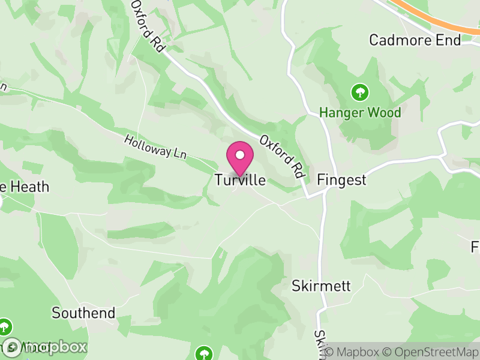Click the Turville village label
point(239,180)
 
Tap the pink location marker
point(240,158)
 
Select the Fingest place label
point(341,180)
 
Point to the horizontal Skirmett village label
point(321,285)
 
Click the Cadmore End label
point(415,40)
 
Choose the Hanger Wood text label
point(360,112)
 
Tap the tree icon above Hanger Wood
point(360,92)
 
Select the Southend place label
point(83,313)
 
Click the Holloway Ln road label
point(155,147)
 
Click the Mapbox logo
point(45,347)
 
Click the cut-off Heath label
point(24,187)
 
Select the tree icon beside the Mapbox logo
point(5,327)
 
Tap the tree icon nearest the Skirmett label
point(204,352)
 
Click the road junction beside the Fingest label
point(325,191)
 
